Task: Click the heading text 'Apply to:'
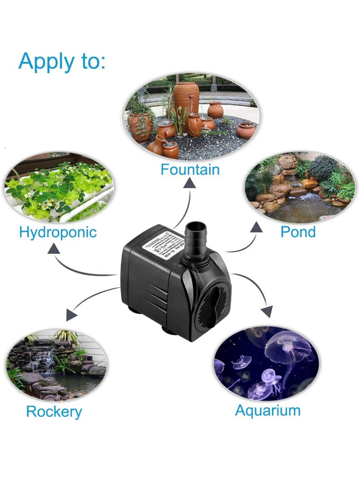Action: click(x=61, y=61)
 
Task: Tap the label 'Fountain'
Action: click(x=190, y=170)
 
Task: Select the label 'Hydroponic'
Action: click(x=58, y=232)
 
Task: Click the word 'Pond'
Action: click(x=298, y=232)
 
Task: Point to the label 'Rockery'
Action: click(x=54, y=412)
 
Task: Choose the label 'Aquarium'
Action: click(x=268, y=411)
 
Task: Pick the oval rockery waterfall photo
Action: click(x=57, y=365)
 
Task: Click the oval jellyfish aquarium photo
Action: click(x=266, y=363)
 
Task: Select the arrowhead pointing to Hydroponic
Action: click(x=54, y=249)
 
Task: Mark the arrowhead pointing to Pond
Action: click(x=255, y=227)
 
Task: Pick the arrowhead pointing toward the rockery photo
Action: click(x=72, y=315)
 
